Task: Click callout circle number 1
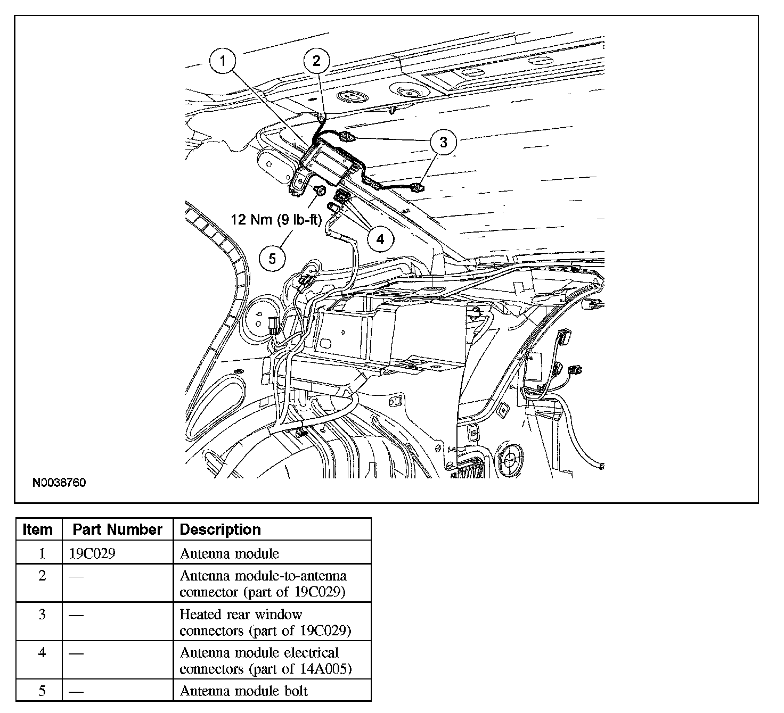[x=223, y=61]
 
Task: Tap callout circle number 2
[x=316, y=61]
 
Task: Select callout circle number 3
[x=444, y=142]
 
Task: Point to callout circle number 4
[x=380, y=239]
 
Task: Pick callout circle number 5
[x=272, y=259]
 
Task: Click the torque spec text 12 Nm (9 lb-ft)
[x=276, y=219]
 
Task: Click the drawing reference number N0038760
[x=59, y=483]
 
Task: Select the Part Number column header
[x=117, y=529]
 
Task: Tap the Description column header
[x=220, y=529]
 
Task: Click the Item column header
[x=38, y=529]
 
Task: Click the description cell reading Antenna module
[x=230, y=553]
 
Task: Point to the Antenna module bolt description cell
[x=244, y=691]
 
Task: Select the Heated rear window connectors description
[x=265, y=622]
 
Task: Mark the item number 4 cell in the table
[x=42, y=652]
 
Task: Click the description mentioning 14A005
[x=265, y=660]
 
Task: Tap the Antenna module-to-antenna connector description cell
[x=263, y=584]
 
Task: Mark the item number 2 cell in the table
[x=42, y=576]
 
